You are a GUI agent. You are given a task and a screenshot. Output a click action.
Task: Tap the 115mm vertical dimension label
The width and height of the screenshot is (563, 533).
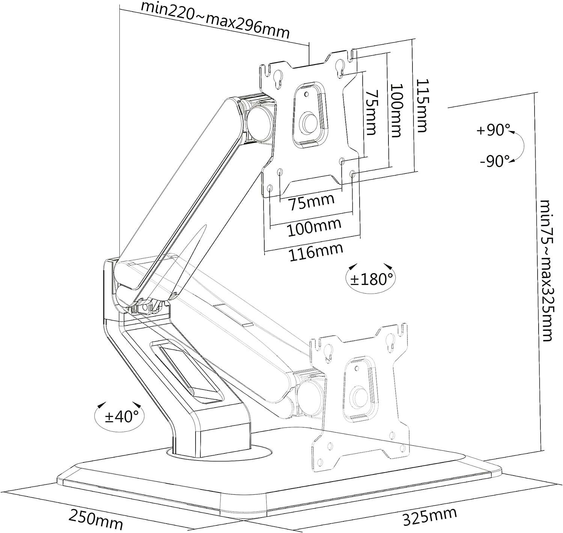(x=422, y=105)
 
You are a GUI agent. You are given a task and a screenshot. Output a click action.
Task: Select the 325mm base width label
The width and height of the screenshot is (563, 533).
(x=430, y=517)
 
